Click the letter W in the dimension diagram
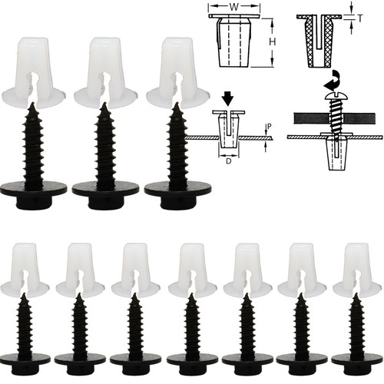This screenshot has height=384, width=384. (235, 6)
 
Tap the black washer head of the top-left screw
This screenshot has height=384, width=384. (35, 189)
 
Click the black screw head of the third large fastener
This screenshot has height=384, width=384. (175, 189)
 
